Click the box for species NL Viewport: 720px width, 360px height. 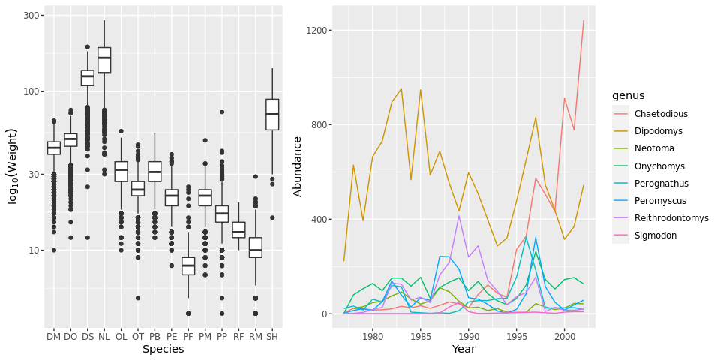(104, 60)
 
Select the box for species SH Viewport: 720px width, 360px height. (272, 114)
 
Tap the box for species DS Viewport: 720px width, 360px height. (87, 77)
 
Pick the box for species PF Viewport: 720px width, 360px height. (188, 265)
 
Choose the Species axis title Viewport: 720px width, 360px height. (163, 349)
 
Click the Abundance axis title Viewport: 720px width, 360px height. (298, 166)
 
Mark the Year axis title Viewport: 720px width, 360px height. (463, 349)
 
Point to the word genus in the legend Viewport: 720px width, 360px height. (628, 95)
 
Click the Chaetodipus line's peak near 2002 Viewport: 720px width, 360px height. (583, 21)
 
